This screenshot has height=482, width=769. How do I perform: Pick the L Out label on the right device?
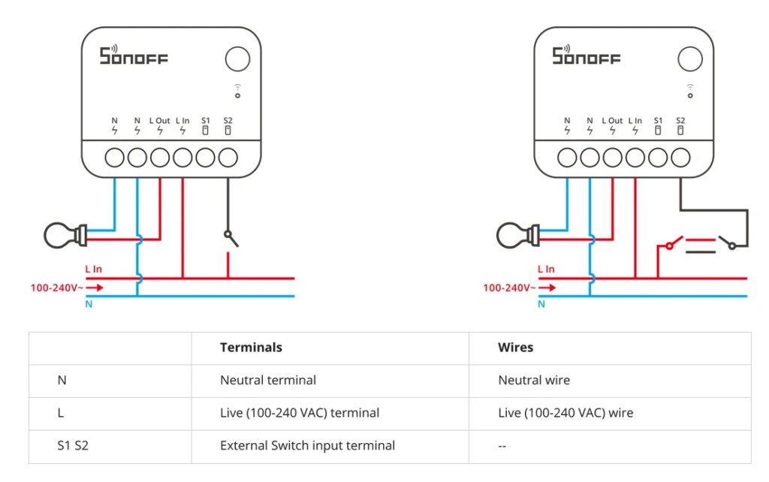coord(612,120)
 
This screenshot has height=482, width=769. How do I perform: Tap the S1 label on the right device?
coord(658,120)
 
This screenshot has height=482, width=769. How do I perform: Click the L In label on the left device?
coord(182,120)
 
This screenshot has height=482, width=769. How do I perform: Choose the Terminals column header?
coord(251,348)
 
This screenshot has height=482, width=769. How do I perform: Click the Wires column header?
coord(515,348)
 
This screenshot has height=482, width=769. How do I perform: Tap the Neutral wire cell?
coord(534,381)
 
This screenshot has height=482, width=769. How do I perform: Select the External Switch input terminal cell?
coord(307,446)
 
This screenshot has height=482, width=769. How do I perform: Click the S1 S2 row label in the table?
coord(73,446)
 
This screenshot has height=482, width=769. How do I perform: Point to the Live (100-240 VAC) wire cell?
coord(565,413)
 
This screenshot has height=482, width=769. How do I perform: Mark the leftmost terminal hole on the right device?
coord(567,158)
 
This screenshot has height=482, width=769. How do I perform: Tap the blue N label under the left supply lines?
coord(89,304)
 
